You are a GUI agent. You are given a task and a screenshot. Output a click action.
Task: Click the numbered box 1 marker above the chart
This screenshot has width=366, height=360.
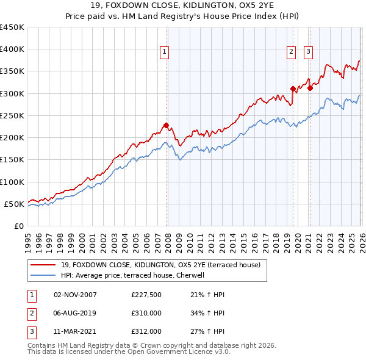(165, 52)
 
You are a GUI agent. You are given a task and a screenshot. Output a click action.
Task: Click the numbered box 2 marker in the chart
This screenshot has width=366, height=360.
(292, 52)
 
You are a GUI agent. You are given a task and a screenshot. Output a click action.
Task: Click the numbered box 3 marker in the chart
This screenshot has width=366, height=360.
(309, 52)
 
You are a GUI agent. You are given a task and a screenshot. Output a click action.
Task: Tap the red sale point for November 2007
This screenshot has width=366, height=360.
(166, 126)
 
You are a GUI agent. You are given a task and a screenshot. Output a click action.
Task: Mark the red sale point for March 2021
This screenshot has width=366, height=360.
(310, 88)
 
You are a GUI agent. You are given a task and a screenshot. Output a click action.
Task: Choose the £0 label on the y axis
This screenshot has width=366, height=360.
(18, 226)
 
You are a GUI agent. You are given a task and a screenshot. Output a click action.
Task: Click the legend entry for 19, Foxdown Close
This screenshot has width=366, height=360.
(161, 265)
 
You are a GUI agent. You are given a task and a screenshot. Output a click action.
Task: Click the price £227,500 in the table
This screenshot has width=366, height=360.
(146, 295)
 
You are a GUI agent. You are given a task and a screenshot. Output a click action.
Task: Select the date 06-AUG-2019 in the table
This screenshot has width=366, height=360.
(76, 313)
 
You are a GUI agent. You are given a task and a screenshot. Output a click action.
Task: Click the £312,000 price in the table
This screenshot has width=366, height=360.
(146, 331)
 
